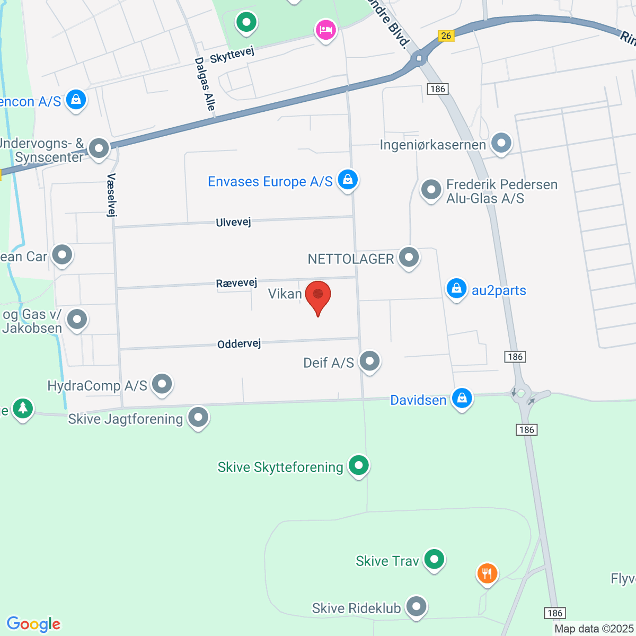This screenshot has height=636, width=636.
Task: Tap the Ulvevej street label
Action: (233, 222)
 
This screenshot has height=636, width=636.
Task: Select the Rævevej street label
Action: (236, 283)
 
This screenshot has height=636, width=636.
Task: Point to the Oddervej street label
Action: (239, 344)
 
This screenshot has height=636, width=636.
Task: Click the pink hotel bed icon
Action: (325, 30)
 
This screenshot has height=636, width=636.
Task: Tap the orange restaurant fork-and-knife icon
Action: (487, 573)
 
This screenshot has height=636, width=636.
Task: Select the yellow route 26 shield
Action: (446, 36)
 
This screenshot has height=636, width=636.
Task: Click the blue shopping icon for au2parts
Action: (456, 289)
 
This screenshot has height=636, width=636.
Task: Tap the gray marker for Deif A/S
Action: (369, 361)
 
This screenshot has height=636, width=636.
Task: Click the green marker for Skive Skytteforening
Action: (358, 465)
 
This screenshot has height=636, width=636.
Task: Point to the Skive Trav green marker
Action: (434, 559)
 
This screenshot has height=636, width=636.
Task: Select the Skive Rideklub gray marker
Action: (416, 606)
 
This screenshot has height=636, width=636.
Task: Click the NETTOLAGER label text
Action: (351, 259)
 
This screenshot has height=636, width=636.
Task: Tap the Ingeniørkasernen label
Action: (432, 145)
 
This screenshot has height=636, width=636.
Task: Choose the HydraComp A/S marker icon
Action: (162, 384)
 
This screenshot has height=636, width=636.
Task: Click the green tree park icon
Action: (22, 408)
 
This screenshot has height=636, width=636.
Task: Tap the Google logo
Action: (33, 624)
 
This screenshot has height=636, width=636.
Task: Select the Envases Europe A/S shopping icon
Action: (347, 180)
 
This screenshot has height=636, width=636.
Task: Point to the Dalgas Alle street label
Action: (205, 84)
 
